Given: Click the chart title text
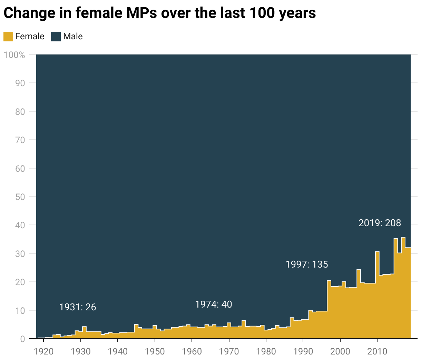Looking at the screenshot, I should coord(159,13).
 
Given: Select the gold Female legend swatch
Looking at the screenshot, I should coord(8,37).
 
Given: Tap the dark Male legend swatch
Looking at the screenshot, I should coord(56,37).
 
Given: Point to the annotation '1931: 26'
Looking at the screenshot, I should coord(78,307).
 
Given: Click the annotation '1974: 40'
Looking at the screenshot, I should coord(214,304).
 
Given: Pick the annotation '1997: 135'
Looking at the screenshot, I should coord(307,264).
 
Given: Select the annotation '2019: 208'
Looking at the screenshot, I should coord(380,223).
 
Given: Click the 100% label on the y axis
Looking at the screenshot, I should coord(14,55).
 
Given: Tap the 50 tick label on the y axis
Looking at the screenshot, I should coord(20,197).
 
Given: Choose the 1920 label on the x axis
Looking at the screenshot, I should coord(43,351).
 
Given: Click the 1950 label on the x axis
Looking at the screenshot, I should coord(155,351).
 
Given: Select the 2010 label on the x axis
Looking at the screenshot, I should coord(377,351).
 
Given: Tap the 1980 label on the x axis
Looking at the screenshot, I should coord(266,351).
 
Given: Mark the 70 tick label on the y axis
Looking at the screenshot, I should coord(20,140).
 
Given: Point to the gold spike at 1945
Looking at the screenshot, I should coord(136,331).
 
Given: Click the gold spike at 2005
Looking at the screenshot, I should coord(359,303).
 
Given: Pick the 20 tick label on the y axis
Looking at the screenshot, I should coord(20,282).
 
